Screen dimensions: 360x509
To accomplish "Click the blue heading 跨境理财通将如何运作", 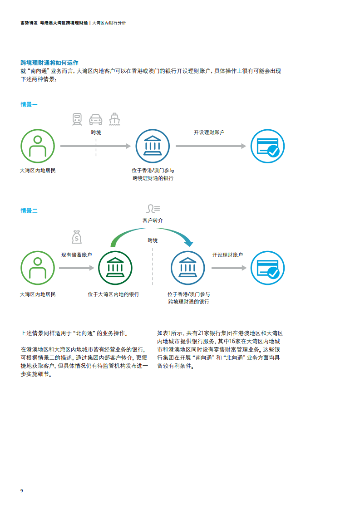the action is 49,63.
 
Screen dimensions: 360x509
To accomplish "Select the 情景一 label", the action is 29,104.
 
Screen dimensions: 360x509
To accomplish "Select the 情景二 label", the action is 29,210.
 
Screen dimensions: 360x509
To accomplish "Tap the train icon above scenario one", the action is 77,119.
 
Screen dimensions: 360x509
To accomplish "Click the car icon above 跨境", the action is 95,119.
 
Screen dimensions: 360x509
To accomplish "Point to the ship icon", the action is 114,119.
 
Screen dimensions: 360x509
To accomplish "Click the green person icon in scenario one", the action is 38,146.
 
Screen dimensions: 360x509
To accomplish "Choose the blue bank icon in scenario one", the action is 153,146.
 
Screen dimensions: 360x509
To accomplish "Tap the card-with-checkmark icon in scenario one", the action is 267,146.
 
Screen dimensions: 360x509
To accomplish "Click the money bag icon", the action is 77,237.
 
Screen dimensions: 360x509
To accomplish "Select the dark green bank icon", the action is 115,268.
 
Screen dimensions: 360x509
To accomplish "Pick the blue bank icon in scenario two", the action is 188,268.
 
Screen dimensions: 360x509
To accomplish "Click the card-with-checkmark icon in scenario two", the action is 267,268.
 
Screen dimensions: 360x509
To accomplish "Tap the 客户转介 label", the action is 153,220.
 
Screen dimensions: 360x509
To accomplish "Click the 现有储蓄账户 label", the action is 77,255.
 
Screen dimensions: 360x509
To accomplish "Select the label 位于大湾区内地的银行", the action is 113,294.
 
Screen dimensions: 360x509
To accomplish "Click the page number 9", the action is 22,490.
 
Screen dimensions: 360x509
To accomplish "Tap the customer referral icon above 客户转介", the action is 153,208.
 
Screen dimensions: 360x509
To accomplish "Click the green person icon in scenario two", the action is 38,268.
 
